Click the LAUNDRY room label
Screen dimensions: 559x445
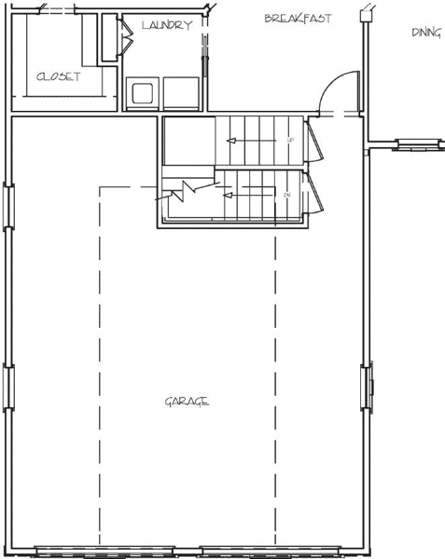[x=168, y=25]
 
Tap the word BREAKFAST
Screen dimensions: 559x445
[x=298, y=19]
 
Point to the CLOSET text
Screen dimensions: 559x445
[x=58, y=77]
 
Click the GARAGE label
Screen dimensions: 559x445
[x=187, y=402]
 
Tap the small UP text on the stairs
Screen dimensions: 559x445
[x=291, y=141]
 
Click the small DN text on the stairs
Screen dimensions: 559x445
[x=287, y=195]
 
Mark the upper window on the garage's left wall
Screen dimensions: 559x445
[x=9, y=205]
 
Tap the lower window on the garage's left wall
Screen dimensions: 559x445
[x=9, y=388]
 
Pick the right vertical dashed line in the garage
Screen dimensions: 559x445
[x=274, y=373]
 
